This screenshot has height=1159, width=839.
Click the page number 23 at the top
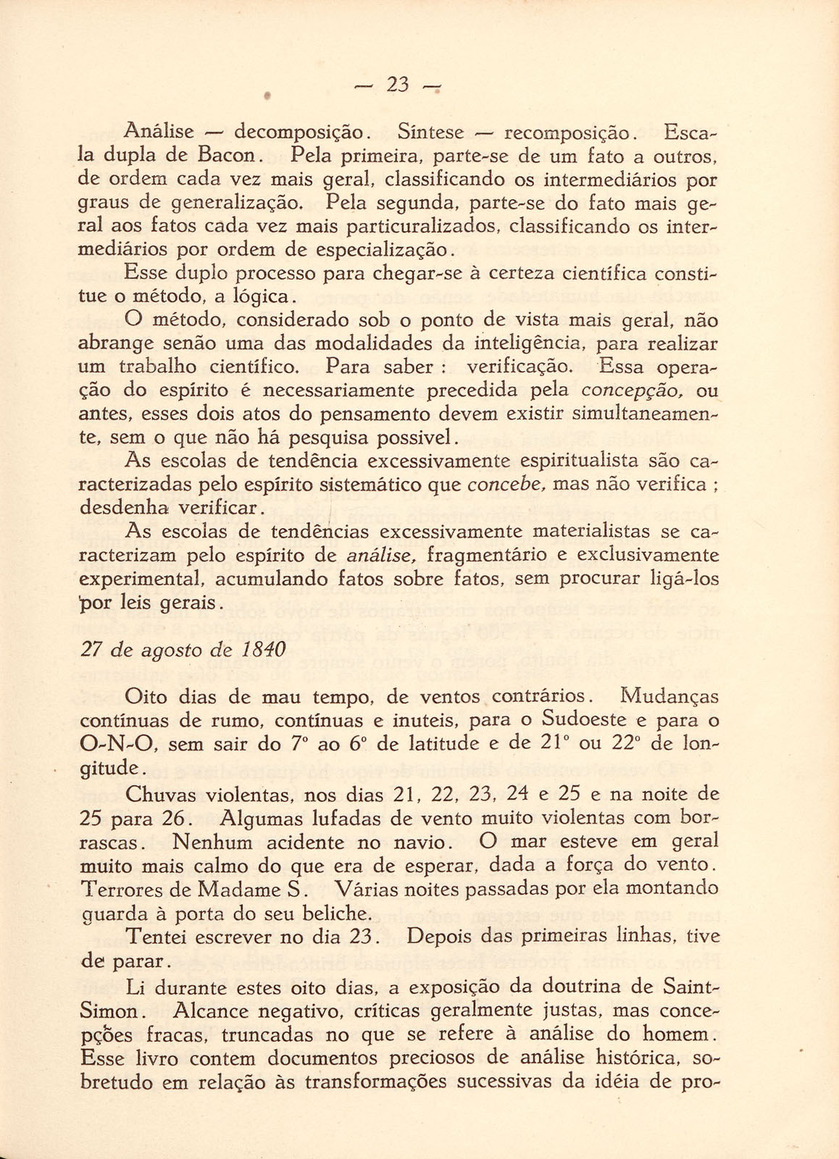[398, 85]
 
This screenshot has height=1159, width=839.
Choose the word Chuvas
[161, 794]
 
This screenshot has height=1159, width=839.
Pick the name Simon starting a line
[109, 1011]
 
